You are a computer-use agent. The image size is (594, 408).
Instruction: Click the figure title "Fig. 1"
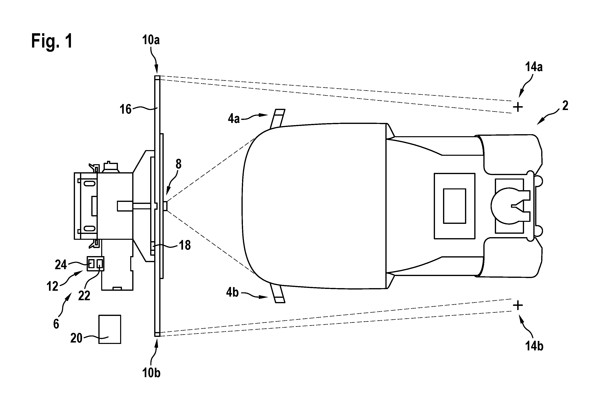point(52,41)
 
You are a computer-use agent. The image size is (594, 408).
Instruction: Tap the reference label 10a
point(151,40)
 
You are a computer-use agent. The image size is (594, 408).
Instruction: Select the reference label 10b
point(151,373)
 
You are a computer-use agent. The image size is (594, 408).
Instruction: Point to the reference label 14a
point(534,67)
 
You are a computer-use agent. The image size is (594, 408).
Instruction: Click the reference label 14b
point(534,346)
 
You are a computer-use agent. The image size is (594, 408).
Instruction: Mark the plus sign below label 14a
point(518,107)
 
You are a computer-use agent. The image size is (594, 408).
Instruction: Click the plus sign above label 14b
point(518,305)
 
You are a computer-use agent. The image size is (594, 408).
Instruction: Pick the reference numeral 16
point(126,109)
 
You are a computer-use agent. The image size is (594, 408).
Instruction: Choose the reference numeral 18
point(185,245)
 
